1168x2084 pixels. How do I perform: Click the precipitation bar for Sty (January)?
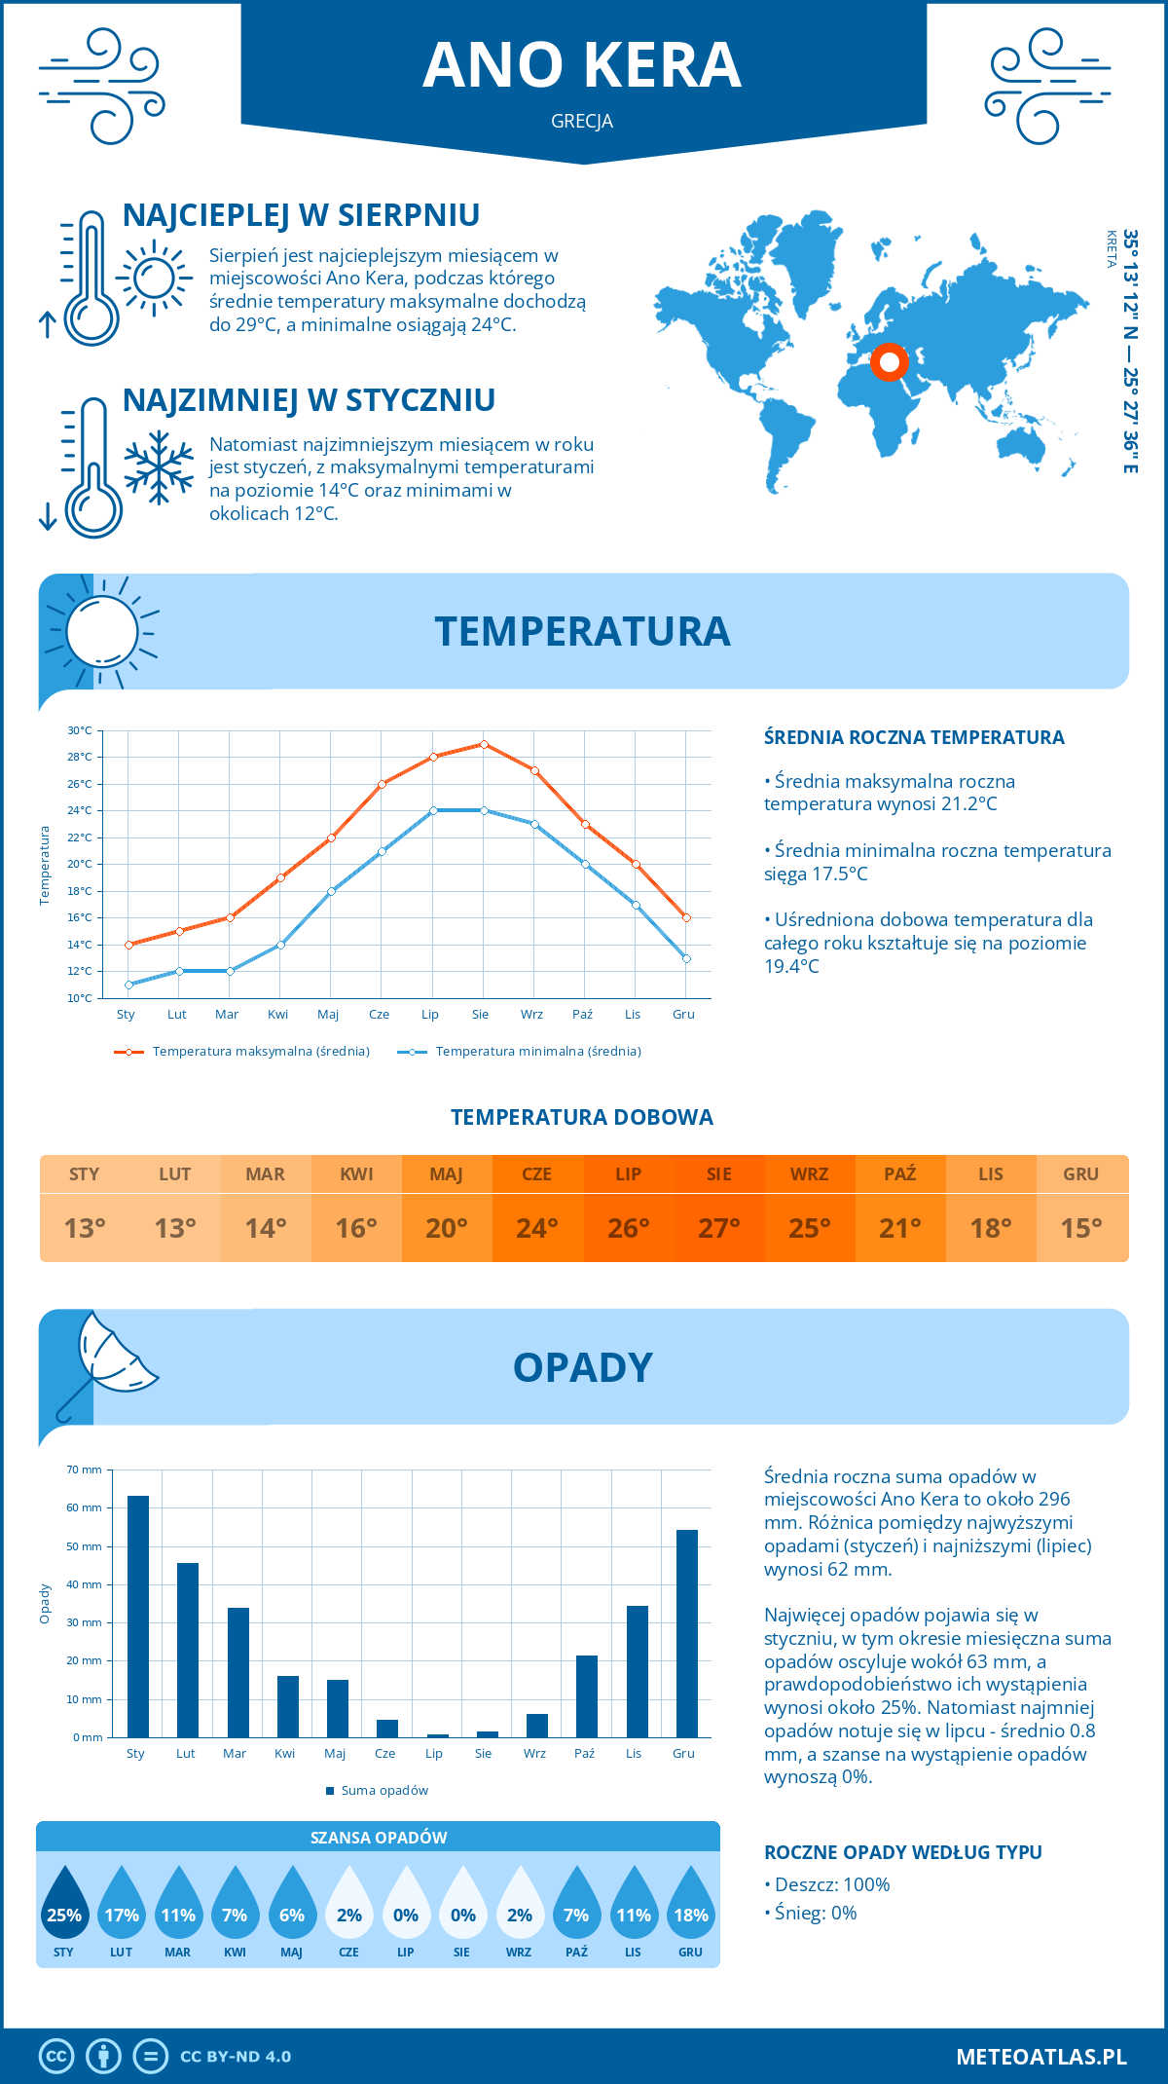point(138,1617)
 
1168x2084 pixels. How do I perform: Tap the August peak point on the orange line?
point(484,744)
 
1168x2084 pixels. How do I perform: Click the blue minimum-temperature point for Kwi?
point(280,945)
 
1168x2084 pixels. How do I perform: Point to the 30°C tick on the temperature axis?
point(80,730)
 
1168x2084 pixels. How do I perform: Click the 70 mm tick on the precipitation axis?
point(85,1470)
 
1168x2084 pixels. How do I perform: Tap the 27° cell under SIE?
point(718,1228)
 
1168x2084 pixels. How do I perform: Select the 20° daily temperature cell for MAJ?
point(446,1228)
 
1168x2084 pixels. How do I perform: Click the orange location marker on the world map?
point(889,362)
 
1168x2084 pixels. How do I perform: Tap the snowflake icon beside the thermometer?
point(159,467)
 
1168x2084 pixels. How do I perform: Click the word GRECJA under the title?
point(582,121)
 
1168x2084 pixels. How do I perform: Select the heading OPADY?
point(582,1367)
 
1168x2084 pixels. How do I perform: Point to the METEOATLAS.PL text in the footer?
point(1041,2057)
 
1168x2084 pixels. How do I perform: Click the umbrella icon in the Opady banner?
point(109,1358)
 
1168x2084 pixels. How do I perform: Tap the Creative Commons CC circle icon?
point(56,2057)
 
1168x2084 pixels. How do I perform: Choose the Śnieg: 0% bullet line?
point(811,1913)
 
